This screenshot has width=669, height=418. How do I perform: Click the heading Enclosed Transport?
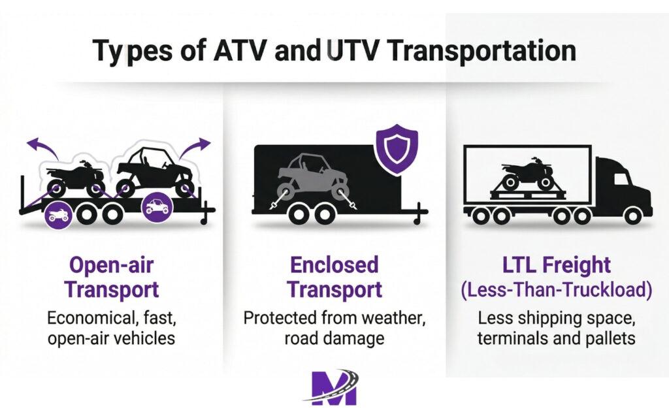tap(334, 277)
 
